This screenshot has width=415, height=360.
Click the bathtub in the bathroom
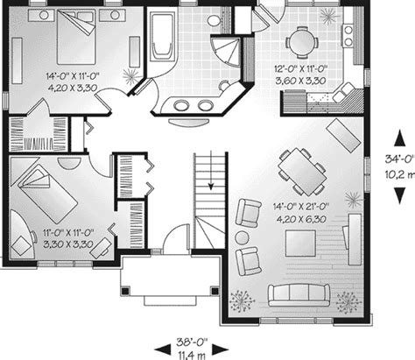[x=162, y=37]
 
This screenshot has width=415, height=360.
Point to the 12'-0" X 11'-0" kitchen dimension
[x=300, y=69]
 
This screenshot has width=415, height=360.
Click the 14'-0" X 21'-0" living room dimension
[x=301, y=207]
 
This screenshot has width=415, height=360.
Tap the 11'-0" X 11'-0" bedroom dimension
[x=68, y=233]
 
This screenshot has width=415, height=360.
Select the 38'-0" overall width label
[x=192, y=341]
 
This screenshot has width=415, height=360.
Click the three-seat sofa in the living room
[x=299, y=295]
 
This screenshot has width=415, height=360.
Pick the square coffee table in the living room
[x=300, y=244]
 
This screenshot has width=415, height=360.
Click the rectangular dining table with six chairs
[x=302, y=172]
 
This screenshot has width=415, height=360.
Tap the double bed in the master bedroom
[x=76, y=37]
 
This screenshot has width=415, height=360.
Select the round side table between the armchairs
[x=242, y=238]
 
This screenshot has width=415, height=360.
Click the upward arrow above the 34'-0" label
[x=399, y=138]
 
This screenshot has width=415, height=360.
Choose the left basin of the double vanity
[x=180, y=105]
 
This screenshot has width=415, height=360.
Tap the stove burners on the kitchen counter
[x=348, y=36]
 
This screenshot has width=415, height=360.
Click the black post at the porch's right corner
[x=215, y=291]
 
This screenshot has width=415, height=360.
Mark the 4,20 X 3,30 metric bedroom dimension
[x=72, y=88]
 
